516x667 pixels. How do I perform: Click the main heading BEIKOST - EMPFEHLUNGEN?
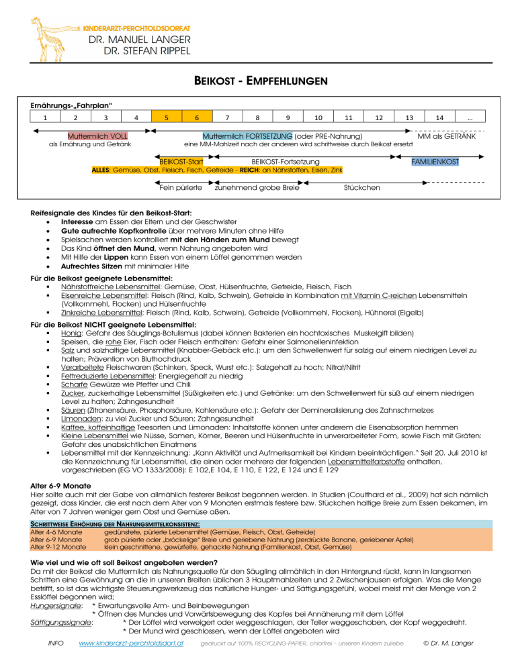click(x=257, y=81)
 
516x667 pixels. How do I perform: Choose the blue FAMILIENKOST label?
click(x=436, y=162)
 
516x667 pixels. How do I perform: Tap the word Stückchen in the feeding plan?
click(x=361, y=187)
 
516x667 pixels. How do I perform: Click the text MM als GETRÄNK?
click(x=446, y=136)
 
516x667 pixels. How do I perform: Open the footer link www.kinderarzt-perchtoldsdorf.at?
click(x=132, y=644)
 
